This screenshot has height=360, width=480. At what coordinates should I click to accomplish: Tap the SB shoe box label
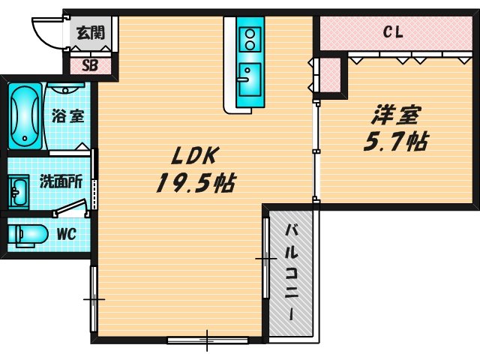click(90, 64)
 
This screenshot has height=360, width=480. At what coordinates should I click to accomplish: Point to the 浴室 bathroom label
click(68, 116)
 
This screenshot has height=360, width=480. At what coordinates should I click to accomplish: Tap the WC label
click(67, 233)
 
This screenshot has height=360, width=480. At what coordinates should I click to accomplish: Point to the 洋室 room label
click(397, 115)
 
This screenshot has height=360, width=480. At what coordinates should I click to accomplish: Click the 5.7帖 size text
click(397, 141)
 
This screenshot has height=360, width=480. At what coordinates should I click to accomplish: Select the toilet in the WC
click(26, 234)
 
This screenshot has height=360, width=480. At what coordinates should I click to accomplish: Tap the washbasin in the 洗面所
click(18, 192)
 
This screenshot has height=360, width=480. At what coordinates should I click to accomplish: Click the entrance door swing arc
click(45, 31)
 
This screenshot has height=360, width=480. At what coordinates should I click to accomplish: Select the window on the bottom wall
click(208, 340)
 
